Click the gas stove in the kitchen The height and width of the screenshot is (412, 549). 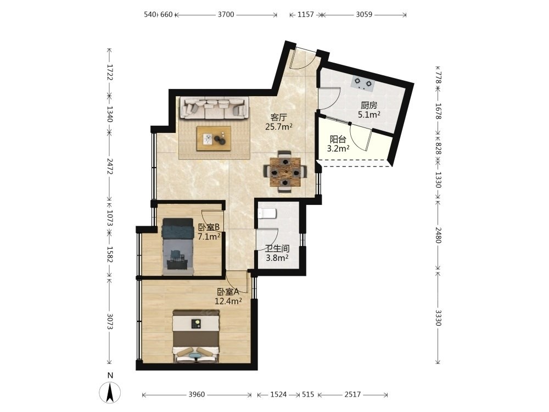(363, 83)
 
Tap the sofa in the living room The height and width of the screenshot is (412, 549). (215, 108)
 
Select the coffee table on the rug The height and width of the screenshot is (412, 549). (214, 138)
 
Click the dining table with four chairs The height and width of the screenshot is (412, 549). (285, 171)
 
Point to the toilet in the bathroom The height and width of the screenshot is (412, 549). (267, 213)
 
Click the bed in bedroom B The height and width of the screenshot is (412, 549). (178, 246)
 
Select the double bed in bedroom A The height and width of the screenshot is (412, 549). (196, 336)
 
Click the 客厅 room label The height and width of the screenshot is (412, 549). (279, 118)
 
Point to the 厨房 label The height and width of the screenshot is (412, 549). (369, 105)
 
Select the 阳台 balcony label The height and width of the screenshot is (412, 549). (338, 140)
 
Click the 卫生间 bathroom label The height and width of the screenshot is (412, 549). (277, 249)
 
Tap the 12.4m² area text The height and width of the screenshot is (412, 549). (228, 301)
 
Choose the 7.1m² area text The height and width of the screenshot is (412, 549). (209, 236)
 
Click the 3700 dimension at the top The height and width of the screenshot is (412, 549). (226, 14)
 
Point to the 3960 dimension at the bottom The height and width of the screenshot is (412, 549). (197, 394)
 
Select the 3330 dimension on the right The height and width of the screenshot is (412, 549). (438, 318)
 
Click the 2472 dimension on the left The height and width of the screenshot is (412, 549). (110, 166)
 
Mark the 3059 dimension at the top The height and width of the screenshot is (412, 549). (364, 14)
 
